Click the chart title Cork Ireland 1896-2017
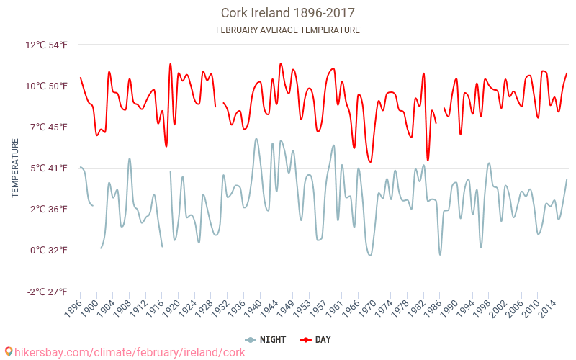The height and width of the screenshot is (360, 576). point(287,13)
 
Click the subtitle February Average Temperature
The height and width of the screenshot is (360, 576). point(287,30)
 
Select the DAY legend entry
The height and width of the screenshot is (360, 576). point(317,339)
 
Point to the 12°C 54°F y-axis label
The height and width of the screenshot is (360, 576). point(46,45)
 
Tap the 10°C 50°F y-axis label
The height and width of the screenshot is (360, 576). point(46,86)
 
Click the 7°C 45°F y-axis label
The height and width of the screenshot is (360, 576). point(48,127)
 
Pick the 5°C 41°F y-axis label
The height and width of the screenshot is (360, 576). point(48,168)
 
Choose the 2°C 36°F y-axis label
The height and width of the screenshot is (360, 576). point(48,210)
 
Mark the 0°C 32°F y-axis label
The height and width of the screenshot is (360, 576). point(48,251)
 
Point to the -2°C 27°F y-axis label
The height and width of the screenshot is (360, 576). point(46,292)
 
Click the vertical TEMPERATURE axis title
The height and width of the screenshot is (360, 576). point(15,168)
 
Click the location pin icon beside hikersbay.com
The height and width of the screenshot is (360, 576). point(8,351)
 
